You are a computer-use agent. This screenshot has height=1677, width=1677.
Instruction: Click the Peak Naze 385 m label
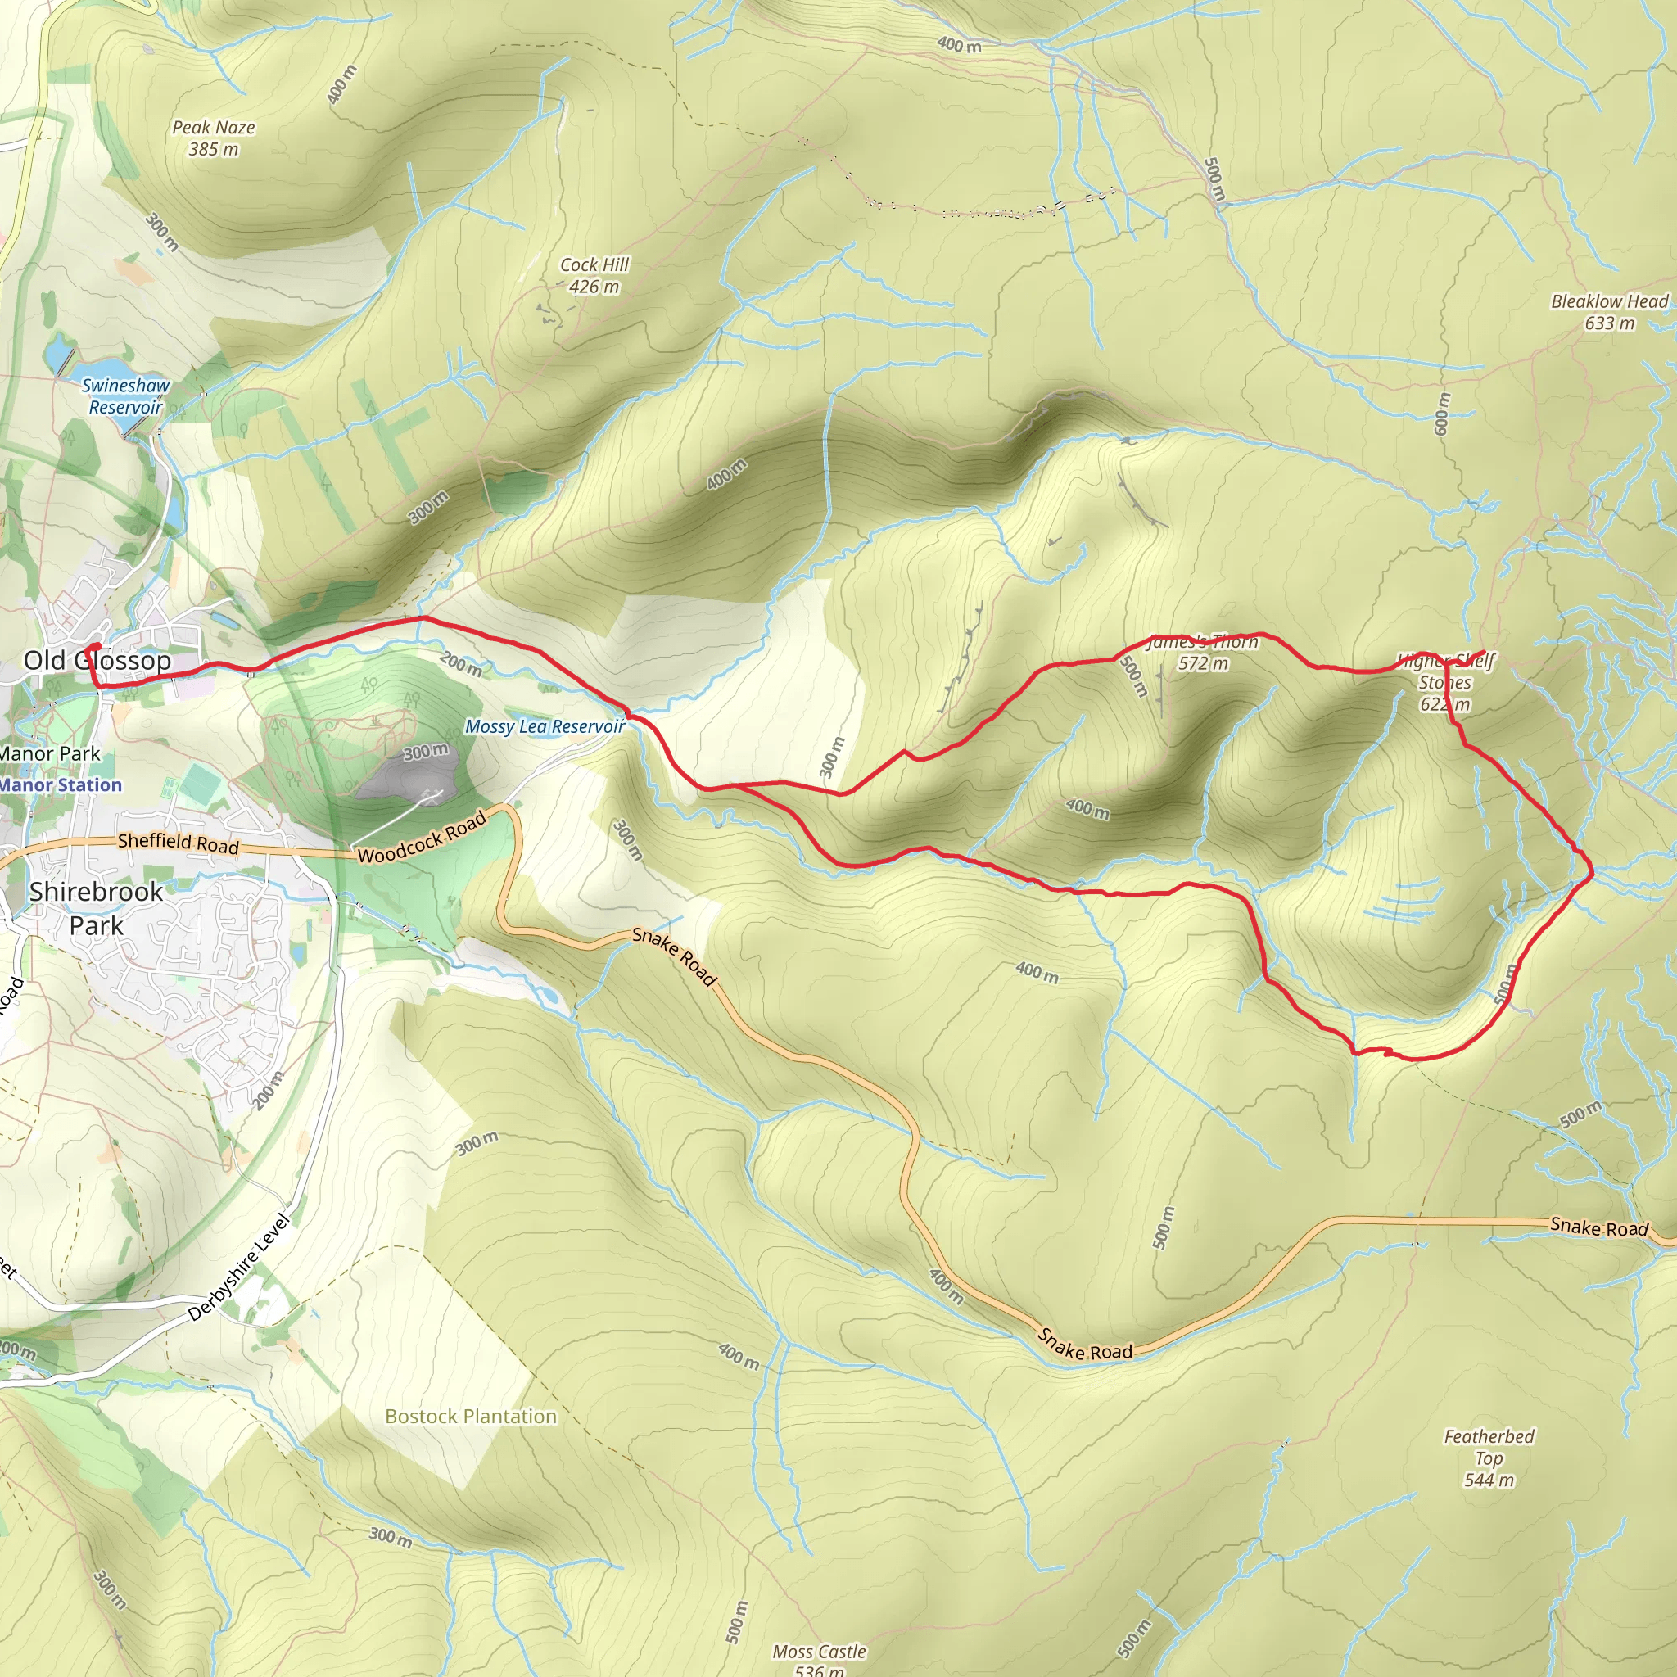[x=214, y=138]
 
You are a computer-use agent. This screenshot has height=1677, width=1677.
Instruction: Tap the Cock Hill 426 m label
[x=594, y=275]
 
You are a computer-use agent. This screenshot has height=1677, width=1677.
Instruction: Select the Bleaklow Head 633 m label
[x=1609, y=313]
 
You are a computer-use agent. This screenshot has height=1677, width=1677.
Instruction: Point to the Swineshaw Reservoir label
[x=126, y=396]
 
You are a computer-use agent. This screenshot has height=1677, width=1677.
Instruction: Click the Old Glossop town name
[x=97, y=661]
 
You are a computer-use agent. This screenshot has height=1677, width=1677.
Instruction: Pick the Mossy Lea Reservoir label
[x=545, y=726]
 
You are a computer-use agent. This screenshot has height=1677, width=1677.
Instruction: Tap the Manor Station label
[x=61, y=784]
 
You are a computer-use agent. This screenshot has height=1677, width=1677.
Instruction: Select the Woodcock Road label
[x=422, y=838]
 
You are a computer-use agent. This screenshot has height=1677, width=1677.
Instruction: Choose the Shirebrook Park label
[x=96, y=908]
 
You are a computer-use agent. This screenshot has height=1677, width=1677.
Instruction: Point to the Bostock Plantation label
[x=471, y=1417]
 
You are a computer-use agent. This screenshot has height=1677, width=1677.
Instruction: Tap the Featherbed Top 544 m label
[x=1489, y=1458]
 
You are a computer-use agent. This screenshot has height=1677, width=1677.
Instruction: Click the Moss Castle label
[x=820, y=1652]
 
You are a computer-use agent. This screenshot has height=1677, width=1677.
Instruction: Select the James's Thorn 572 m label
[x=1202, y=653]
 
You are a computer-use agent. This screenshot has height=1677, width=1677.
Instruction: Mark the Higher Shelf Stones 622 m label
[x=1445, y=682]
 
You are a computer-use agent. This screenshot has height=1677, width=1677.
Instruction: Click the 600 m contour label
[x=1442, y=414]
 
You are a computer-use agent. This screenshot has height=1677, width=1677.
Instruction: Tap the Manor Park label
[x=50, y=753]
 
